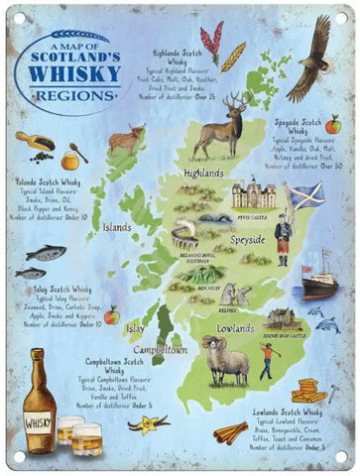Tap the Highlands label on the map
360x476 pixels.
point(205,174)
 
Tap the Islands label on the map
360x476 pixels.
point(116,227)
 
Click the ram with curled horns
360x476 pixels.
point(226,356)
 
